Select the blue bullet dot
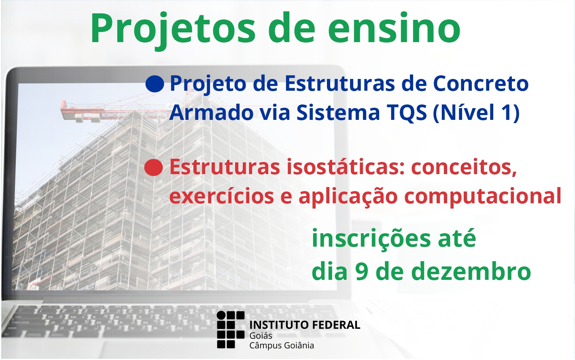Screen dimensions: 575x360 click(155, 83)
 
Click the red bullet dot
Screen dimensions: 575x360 click(153, 167)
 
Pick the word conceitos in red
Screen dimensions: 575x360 click(464, 168)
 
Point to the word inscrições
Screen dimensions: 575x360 click(371, 238)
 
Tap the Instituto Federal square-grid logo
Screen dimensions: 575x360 click(231, 330)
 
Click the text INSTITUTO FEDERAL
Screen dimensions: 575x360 click(305, 325)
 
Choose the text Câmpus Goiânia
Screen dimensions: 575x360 click(282, 345)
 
